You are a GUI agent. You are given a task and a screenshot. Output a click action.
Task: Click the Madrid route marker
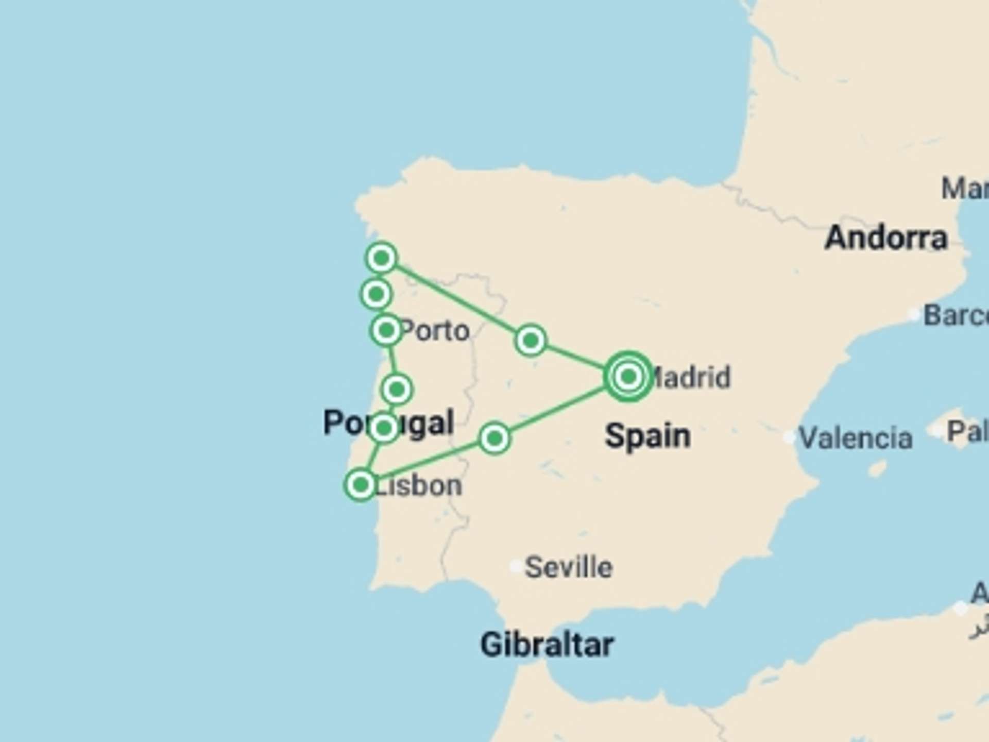[628, 377]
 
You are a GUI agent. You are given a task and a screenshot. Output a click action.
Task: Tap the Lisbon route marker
[361, 484]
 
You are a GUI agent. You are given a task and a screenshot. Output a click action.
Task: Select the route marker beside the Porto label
[386, 330]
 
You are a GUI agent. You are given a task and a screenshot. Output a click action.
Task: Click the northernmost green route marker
[381, 258]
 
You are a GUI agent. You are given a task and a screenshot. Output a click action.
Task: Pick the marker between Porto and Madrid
[531, 340]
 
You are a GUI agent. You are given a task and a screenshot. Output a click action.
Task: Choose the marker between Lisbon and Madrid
[494, 439]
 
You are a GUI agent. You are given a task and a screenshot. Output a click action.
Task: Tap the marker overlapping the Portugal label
[384, 427]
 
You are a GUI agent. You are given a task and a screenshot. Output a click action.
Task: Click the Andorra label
[886, 238]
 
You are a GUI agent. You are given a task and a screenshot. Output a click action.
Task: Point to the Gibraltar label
[547, 645]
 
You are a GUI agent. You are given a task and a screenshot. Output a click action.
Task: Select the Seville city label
[569, 567]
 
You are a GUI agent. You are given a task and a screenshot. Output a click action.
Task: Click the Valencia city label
[856, 439]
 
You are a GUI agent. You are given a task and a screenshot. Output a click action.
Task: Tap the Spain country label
[647, 436]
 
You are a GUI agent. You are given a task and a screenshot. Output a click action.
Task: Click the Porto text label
[435, 331]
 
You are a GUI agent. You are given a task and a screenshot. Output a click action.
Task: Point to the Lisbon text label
[418, 486]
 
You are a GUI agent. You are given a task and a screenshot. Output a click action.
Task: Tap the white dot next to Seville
[515, 566]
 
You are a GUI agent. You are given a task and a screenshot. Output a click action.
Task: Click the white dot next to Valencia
[789, 437]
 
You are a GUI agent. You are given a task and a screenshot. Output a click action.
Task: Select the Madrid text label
[690, 377]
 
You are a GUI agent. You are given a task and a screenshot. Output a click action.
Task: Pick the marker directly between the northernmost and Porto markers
[376, 294]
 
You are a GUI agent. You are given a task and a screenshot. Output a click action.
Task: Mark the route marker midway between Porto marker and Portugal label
[397, 389]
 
